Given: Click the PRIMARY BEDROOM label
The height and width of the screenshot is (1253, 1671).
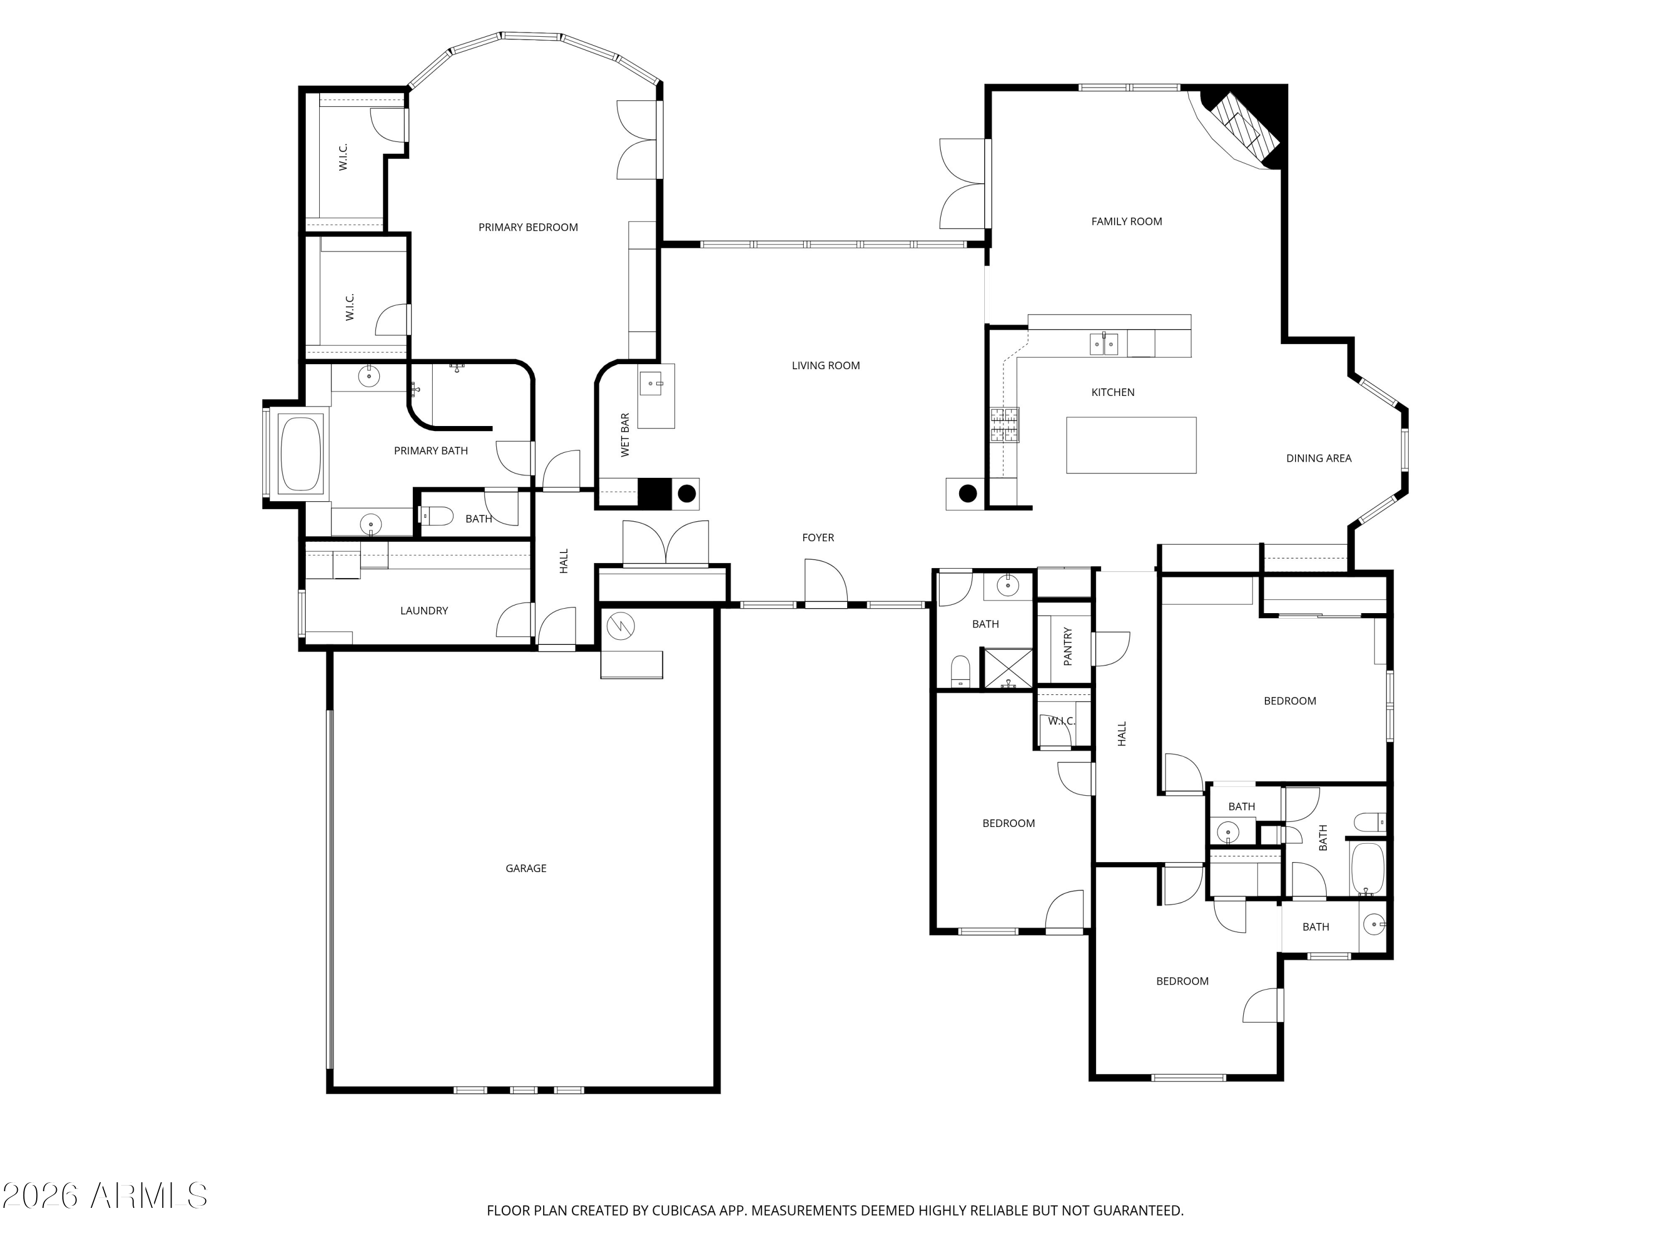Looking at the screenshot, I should tap(528, 227).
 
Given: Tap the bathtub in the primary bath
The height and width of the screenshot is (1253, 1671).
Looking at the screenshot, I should tap(301, 454).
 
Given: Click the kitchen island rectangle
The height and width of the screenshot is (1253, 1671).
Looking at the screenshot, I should tap(1131, 445).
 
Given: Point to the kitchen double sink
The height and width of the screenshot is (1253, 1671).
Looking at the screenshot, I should tap(1103, 344).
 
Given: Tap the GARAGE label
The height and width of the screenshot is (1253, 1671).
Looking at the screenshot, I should tap(526, 869).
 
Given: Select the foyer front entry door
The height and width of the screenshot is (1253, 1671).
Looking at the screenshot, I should tap(825, 583).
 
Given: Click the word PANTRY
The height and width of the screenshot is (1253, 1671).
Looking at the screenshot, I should tap(1067, 646).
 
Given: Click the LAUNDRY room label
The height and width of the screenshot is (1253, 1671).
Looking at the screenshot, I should tap(424, 611).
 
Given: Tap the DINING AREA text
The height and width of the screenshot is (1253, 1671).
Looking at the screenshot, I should tap(1318, 458).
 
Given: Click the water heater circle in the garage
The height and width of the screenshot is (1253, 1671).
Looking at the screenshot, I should tap(620, 625).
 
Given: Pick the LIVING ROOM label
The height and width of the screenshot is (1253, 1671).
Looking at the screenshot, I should tap(825, 365).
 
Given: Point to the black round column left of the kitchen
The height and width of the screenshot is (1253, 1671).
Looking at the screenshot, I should tap(968, 494).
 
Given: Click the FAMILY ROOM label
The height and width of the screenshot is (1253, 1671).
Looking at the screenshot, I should tap(1126, 221).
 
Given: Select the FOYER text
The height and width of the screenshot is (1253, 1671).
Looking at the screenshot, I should tap(818, 538).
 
